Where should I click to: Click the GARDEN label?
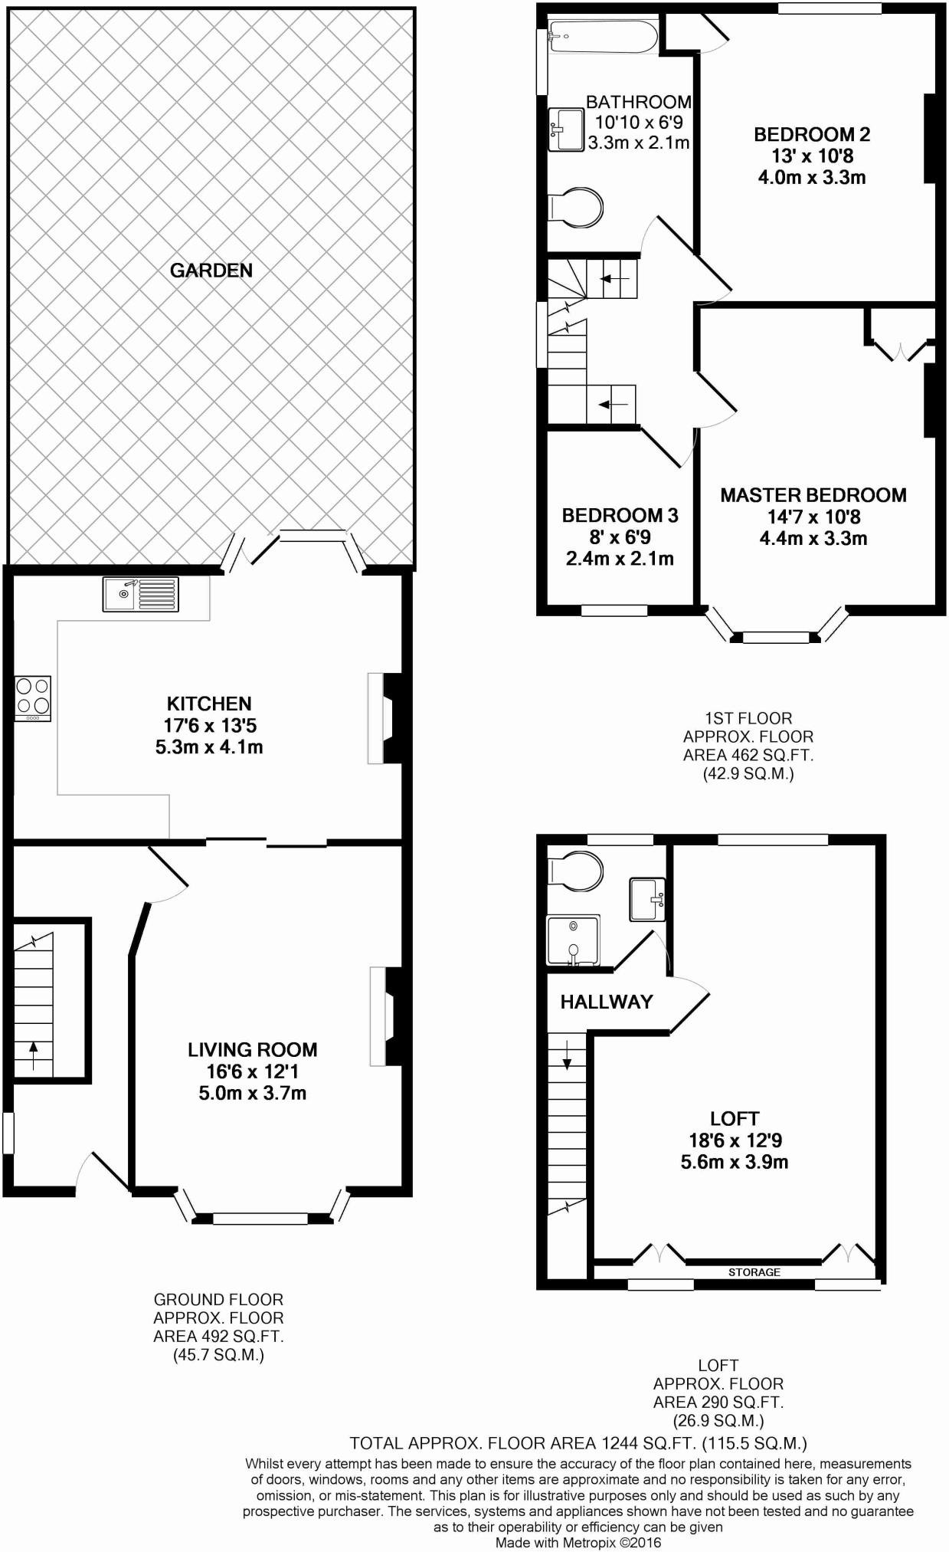click(211, 271)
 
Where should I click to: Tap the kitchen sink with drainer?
click(141, 594)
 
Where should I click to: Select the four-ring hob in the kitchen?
click(33, 697)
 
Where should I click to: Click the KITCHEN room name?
click(209, 704)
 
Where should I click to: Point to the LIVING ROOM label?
click(252, 1049)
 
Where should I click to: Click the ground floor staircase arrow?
click(33, 1055)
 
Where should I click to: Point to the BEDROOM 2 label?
click(812, 135)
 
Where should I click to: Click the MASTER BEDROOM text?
click(813, 495)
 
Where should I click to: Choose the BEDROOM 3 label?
click(620, 515)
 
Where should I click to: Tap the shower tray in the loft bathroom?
click(573, 940)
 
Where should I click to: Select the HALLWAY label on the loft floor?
click(606, 1002)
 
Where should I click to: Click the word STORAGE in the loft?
click(754, 1271)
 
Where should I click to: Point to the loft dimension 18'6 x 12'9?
click(735, 1140)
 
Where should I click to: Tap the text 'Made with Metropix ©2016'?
click(578, 1542)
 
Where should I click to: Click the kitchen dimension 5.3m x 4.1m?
click(209, 746)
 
